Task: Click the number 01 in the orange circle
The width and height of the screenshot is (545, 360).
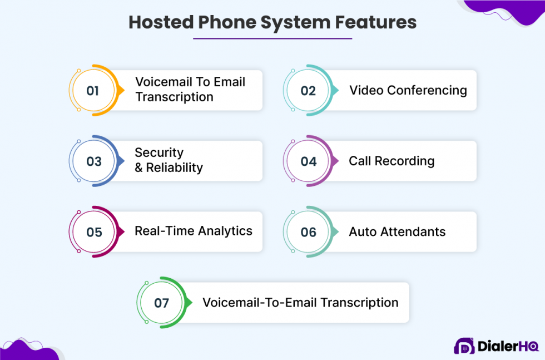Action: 93,91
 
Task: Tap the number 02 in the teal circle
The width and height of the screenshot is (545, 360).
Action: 308,91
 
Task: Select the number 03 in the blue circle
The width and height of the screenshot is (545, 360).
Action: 94,161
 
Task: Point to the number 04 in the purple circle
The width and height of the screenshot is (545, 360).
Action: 308,161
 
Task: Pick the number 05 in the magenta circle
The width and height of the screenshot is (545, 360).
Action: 94,232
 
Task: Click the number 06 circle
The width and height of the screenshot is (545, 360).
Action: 308,232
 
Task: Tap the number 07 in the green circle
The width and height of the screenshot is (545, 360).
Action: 162,303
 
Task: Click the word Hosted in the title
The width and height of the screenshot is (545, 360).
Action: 161,22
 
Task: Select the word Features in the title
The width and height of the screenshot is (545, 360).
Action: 376,22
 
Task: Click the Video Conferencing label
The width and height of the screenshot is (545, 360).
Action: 408,91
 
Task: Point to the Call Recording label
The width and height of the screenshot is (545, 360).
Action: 392,161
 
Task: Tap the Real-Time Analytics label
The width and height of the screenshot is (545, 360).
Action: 194,231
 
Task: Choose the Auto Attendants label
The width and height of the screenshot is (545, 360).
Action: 397,231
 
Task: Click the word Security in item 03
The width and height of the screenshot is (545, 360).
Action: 159,152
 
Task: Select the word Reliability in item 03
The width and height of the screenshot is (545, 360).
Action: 175,167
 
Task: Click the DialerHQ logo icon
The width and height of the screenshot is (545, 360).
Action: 464,346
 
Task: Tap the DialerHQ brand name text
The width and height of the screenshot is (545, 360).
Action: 508,346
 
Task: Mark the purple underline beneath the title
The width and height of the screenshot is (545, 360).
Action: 272,38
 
